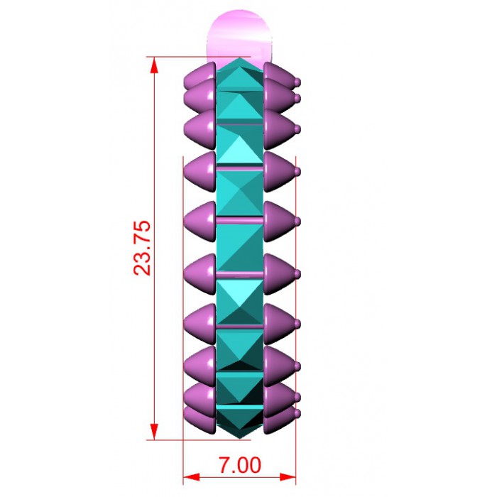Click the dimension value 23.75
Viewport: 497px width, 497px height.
pos(141,248)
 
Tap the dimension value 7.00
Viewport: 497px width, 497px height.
pos(240,465)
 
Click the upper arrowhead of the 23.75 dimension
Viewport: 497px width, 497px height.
pos(154,65)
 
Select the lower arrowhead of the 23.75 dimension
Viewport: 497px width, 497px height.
pos(154,432)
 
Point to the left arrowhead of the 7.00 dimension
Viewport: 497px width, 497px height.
pos(192,476)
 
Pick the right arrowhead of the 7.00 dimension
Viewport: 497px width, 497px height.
pos(288,476)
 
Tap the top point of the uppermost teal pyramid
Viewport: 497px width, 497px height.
pos(240,58)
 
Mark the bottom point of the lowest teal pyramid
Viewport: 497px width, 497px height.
pos(240,439)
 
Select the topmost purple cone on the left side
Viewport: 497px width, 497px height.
pos(200,77)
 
